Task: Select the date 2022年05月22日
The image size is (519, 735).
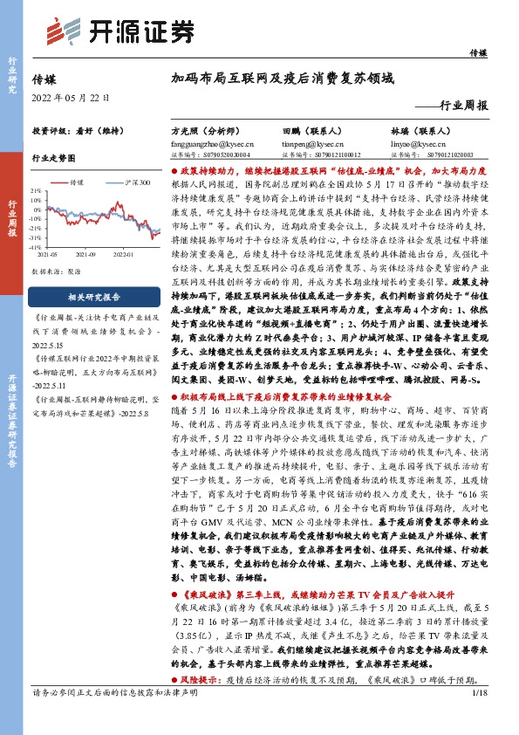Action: [72, 98]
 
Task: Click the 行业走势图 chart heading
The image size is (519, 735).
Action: [54, 159]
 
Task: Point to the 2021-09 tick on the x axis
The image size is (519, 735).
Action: [85, 255]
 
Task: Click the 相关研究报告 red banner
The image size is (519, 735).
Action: [96, 296]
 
